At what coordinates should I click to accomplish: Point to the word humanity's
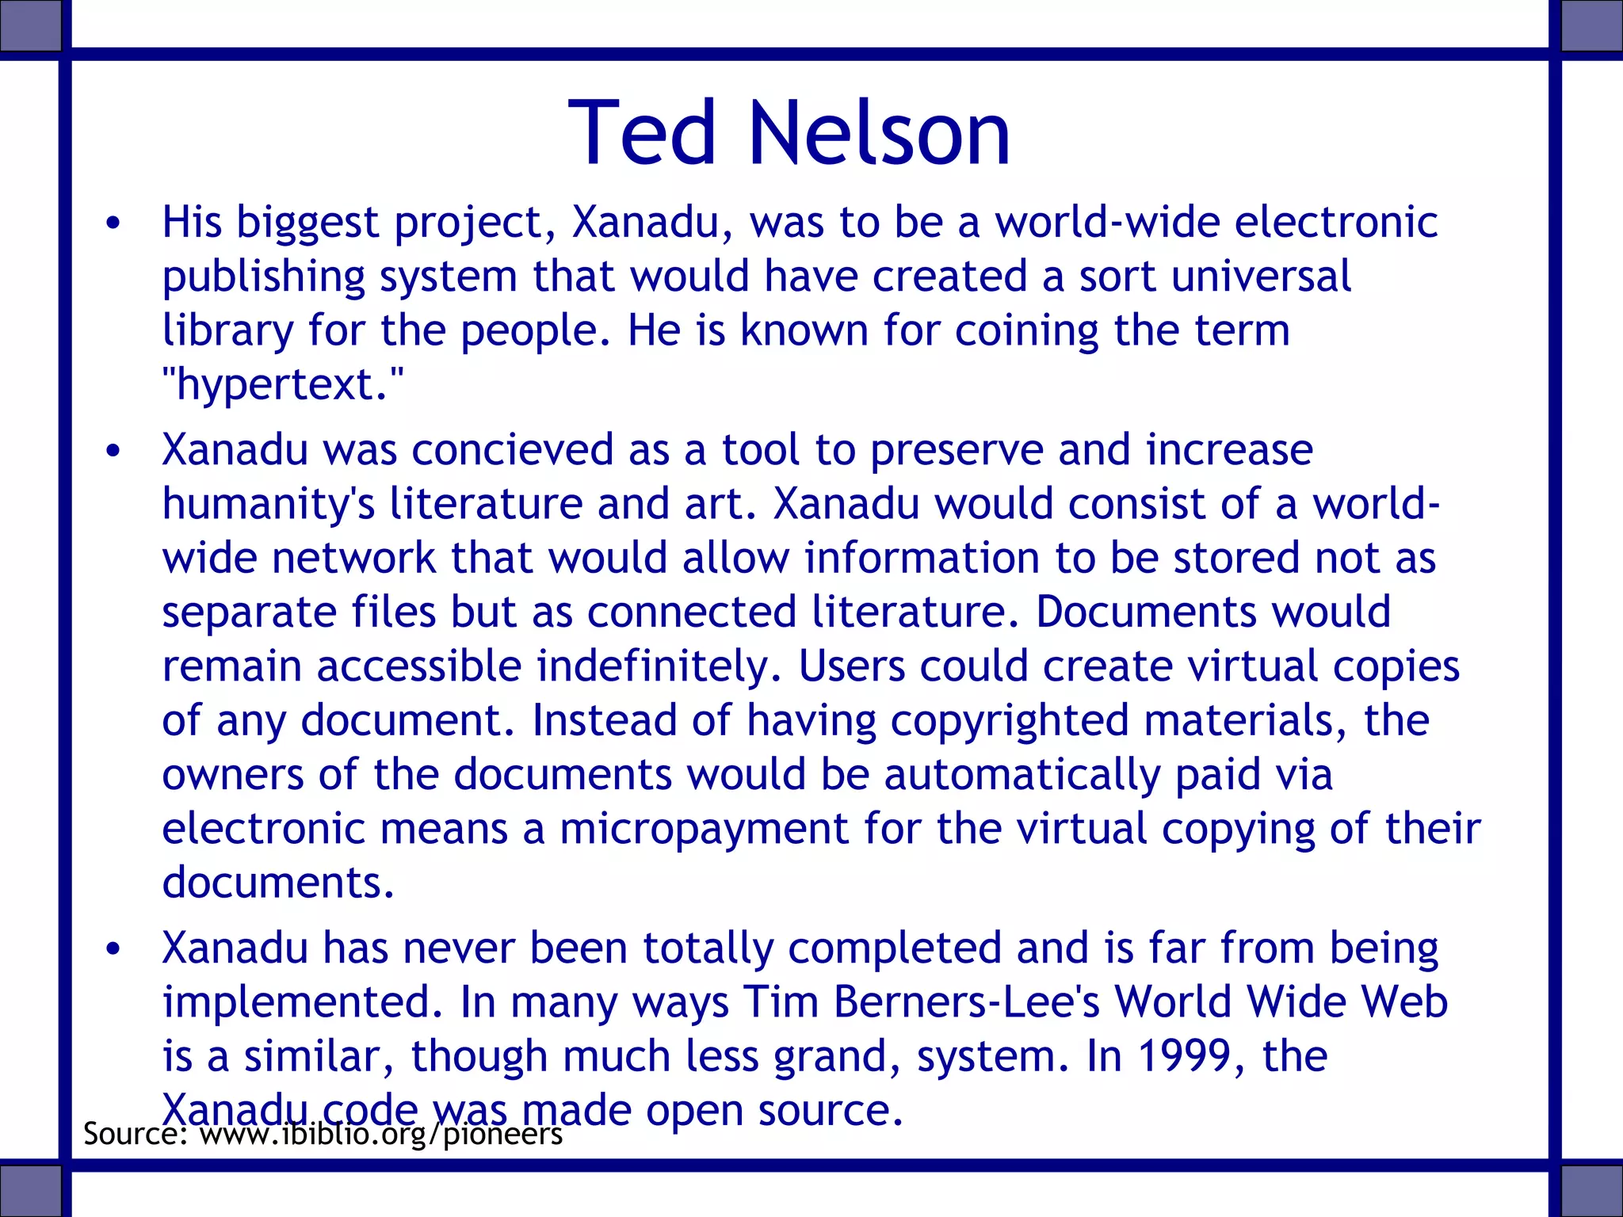(x=269, y=505)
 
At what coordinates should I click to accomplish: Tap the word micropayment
(x=705, y=829)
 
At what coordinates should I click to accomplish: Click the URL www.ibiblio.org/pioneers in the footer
(x=380, y=1134)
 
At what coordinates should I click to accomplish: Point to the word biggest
(x=307, y=223)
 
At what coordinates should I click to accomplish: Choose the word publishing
(x=263, y=277)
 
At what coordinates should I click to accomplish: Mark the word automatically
(x=1022, y=775)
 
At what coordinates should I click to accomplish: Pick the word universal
(x=1261, y=277)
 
